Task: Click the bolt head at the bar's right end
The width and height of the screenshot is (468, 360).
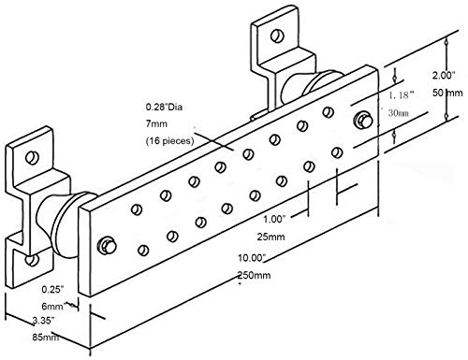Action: point(361,120)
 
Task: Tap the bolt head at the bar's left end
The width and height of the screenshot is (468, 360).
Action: point(108,245)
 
